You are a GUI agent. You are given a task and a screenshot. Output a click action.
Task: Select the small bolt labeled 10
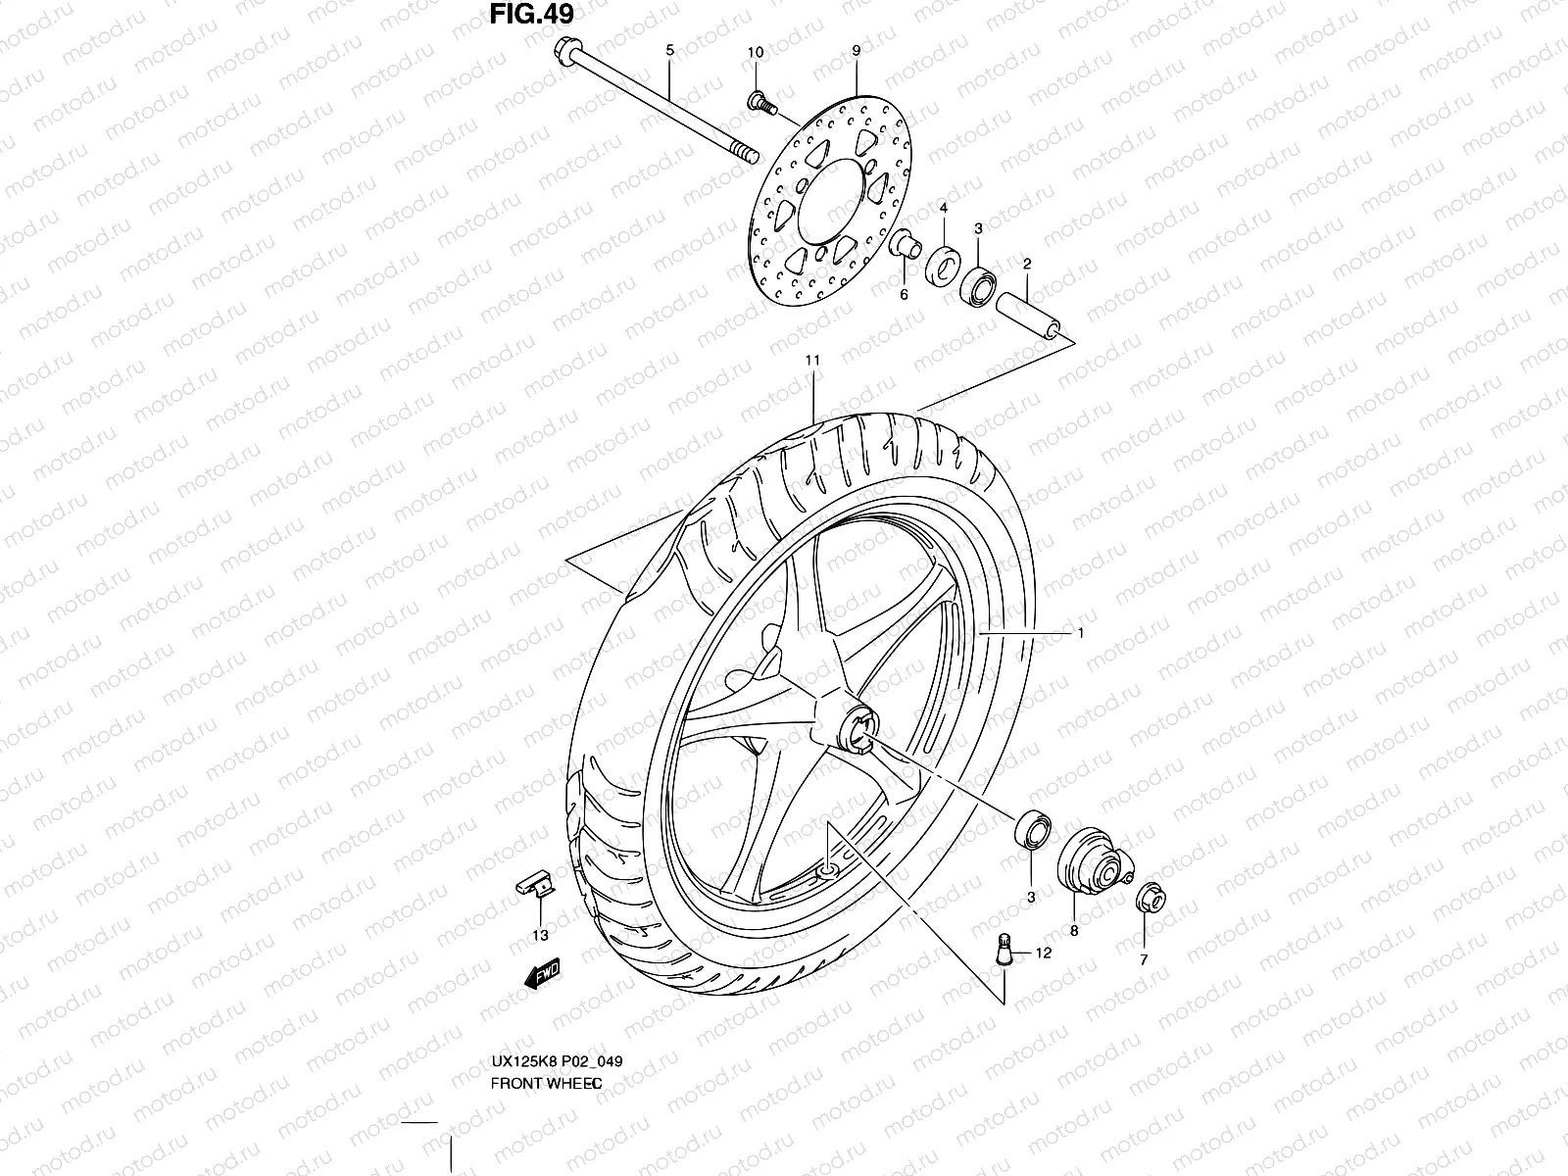point(758,99)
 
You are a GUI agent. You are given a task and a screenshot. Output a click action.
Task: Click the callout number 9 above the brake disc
point(856,49)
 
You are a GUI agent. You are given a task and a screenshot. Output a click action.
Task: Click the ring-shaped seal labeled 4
point(944,262)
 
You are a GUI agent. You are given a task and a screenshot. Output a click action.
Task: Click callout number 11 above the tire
point(812,361)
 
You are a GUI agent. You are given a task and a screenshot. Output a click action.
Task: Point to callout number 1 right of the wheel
point(1080,633)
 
